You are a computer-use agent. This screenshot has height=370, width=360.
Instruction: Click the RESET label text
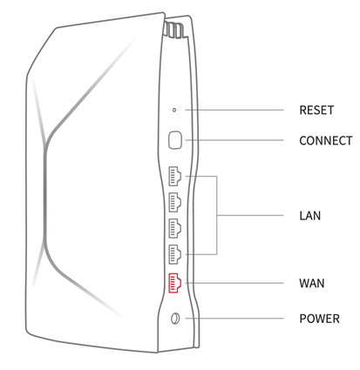316,111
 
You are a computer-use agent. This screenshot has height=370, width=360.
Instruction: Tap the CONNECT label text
326,141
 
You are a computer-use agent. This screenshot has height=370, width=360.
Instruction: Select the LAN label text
310,216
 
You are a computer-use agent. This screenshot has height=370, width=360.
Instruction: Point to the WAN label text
312,283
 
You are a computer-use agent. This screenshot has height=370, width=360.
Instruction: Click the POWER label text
320,319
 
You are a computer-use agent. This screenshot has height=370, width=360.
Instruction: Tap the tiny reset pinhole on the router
174,110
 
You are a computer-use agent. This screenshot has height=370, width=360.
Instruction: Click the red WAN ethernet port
175,283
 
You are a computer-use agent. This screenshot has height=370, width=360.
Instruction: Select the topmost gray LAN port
175,176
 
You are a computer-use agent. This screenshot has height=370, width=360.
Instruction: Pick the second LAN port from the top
175,202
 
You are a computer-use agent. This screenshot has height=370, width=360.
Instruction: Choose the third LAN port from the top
175,228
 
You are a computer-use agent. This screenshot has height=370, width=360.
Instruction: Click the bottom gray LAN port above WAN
175,254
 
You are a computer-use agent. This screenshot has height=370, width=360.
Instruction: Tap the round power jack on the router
175,319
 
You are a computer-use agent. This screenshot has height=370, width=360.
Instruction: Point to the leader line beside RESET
234,110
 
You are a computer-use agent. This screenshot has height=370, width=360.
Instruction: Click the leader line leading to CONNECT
234,140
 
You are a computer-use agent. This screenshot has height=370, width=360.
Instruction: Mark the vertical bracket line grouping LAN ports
217,215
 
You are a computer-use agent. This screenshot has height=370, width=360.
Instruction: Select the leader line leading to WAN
234,283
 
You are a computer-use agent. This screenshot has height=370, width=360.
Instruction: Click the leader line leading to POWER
234,319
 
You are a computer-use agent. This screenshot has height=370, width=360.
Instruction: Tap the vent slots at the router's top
173,30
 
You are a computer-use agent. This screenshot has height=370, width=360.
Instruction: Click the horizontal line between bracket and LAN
250,215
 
